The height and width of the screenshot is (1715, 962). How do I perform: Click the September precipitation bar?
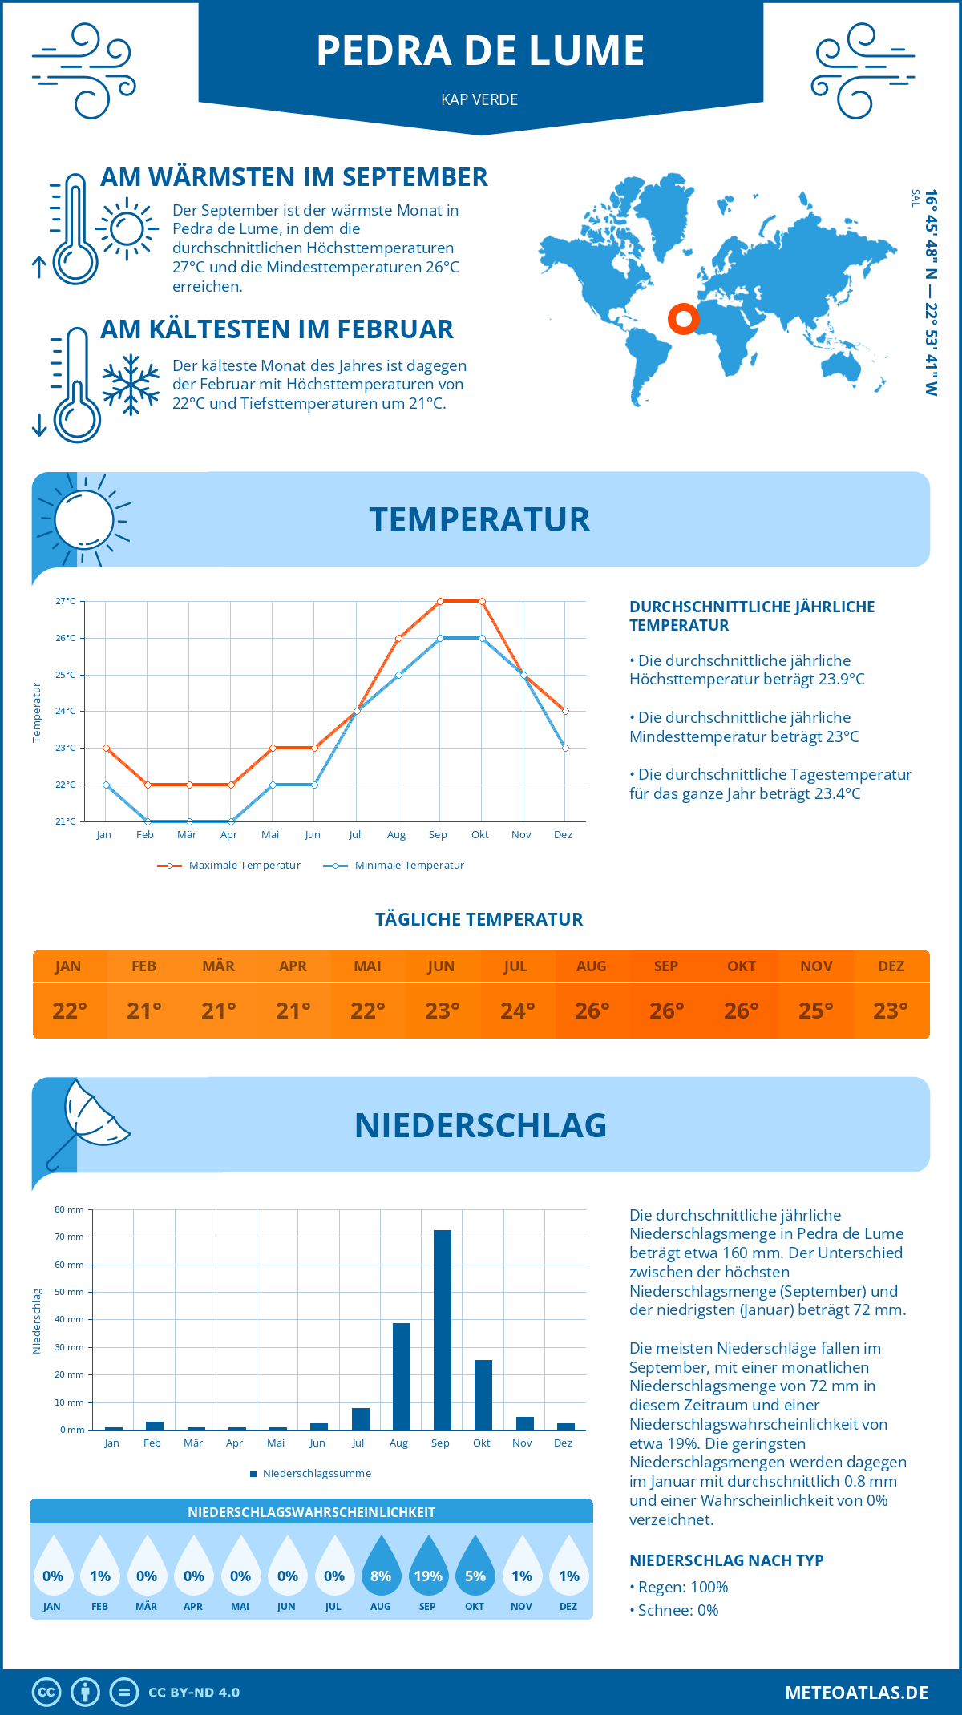pyautogui.click(x=443, y=1330)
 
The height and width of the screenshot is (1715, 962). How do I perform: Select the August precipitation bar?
pyautogui.click(x=402, y=1376)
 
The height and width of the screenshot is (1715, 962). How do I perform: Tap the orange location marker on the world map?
pyautogui.click(x=684, y=319)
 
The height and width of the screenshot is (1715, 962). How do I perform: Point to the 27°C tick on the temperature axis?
pyautogui.click(x=66, y=601)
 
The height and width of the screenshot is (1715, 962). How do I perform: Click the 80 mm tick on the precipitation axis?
pyautogui.click(x=70, y=1209)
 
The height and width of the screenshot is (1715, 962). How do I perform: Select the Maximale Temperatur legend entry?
pyautogui.click(x=229, y=866)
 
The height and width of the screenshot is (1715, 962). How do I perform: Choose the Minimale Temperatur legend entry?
pyautogui.click(x=394, y=866)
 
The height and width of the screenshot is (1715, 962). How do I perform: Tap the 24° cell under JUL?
pyautogui.click(x=517, y=1011)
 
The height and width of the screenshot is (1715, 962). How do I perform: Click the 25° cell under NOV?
pyautogui.click(x=816, y=1011)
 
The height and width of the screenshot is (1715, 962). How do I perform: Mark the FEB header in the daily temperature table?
pyautogui.click(x=143, y=966)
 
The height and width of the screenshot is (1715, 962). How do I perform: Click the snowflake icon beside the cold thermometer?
pyautogui.click(x=131, y=385)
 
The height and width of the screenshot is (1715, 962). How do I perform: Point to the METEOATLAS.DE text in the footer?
pyautogui.click(x=856, y=1693)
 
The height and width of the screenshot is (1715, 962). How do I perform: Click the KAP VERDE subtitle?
pyautogui.click(x=479, y=99)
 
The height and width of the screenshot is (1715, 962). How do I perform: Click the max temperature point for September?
pyautogui.click(x=440, y=601)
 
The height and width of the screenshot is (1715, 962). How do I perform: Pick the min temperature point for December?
pyautogui.click(x=565, y=748)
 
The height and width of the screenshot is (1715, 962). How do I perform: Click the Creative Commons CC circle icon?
pyautogui.click(x=46, y=1693)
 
